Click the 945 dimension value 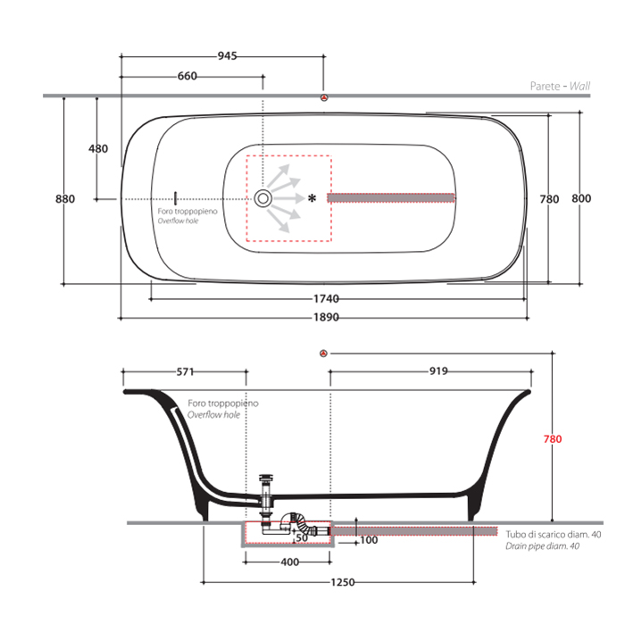(x=227, y=56)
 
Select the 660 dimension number (x=187, y=77)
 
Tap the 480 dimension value (x=98, y=148)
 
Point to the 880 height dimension (x=65, y=199)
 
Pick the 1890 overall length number (x=325, y=317)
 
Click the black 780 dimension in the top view (x=550, y=199)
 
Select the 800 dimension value (x=582, y=199)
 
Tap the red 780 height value (x=554, y=439)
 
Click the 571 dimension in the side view (x=185, y=371)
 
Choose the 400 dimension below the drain (x=289, y=562)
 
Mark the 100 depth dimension (x=369, y=540)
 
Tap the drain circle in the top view (x=263, y=197)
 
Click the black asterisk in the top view (x=312, y=197)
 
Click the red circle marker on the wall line (x=325, y=96)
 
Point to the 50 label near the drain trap (x=303, y=537)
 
